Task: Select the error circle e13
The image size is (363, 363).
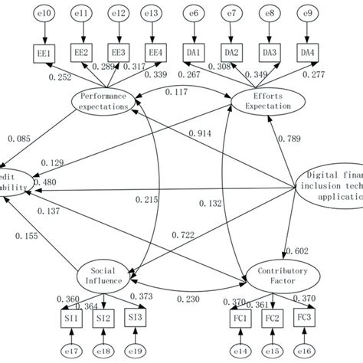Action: tap(155, 13)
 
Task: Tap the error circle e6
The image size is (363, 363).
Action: tap(195, 13)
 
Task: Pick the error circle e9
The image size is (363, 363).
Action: tap(308, 13)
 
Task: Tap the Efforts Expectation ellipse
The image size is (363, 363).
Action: tap(261, 101)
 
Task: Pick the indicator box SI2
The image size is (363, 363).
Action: tap(103, 317)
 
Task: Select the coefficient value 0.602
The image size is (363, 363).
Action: tap(296, 250)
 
